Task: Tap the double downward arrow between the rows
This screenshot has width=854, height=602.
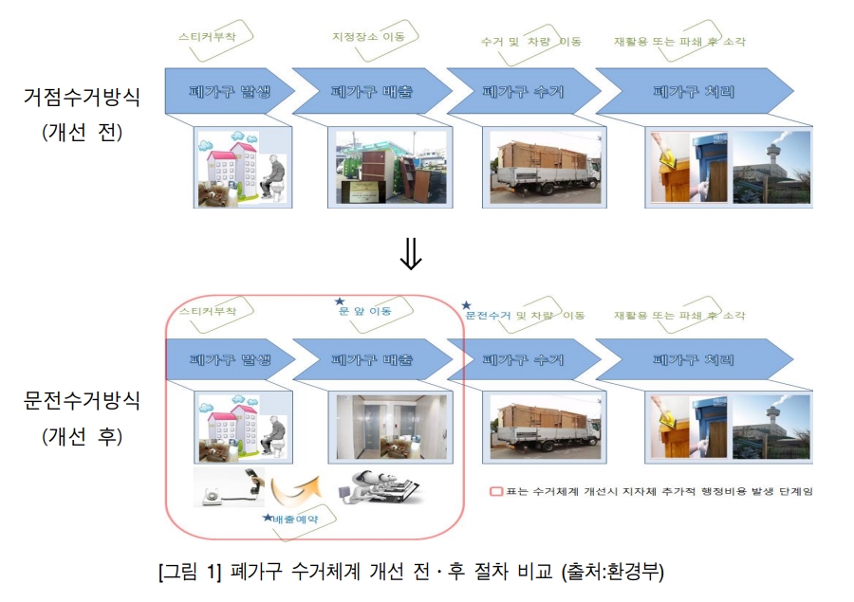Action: (x=410, y=255)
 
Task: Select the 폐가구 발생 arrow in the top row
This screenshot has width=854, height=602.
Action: (x=227, y=92)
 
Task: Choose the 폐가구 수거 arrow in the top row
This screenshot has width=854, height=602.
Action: (x=523, y=92)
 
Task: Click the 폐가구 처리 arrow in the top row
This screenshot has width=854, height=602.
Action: (x=693, y=92)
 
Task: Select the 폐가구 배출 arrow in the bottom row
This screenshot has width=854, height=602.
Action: (x=372, y=360)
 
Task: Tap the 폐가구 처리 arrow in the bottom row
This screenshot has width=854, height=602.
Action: (x=693, y=360)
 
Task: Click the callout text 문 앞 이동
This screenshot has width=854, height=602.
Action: (x=364, y=310)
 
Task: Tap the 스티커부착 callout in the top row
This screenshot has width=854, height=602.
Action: (x=207, y=38)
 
